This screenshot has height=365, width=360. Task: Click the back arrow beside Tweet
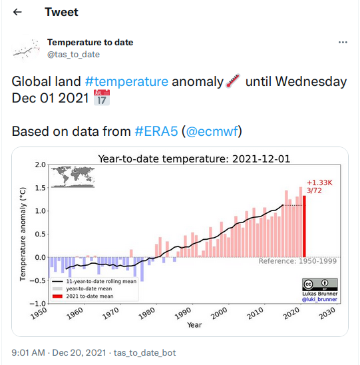(x=17, y=12)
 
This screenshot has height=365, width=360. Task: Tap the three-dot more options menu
(x=343, y=43)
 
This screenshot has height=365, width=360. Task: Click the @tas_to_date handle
(x=73, y=55)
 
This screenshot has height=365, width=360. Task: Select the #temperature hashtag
(x=126, y=81)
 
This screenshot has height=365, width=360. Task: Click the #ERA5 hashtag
(x=156, y=131)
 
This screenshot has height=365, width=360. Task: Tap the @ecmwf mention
(x=212, y=131)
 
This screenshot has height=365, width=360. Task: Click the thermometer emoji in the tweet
(x=233, y=81)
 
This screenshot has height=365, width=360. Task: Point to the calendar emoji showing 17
(x=102, y=97)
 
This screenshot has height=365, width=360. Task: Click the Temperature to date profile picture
(x=26, y=49)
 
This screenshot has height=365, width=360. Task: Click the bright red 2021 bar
(x=304, y=226)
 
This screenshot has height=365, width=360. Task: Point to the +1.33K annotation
(x=319, y=182)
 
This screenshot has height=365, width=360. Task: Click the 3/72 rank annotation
(x=314, y=190)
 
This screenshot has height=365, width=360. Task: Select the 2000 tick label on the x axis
(x=219, y=313)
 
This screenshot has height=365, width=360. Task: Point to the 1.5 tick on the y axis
(x=40, y=188)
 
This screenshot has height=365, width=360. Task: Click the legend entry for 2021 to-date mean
(x=83, y=296)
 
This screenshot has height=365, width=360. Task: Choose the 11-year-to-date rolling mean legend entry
(x=94, y=282)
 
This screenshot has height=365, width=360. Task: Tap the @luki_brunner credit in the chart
(x=319, y=299)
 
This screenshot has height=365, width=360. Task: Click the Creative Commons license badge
(x=320, y=284)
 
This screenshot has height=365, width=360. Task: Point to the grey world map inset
(x=73, y=177)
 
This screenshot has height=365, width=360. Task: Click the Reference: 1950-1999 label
(x=297, y=261)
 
